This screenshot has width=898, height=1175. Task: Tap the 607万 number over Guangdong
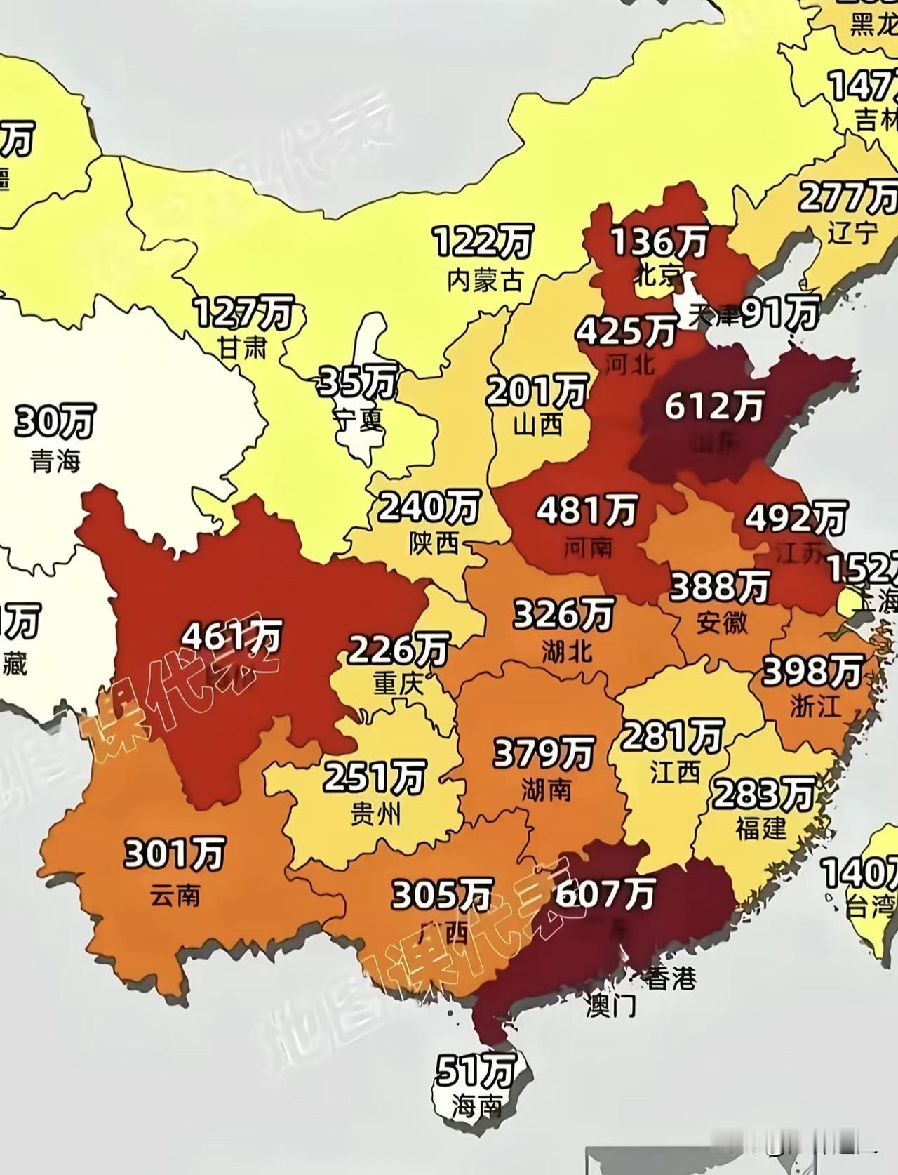click(605, 894)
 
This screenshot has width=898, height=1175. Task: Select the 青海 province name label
click(55, 461)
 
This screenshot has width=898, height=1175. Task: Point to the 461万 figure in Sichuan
click(232, 637)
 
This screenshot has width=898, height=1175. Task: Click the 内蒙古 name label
click(485, 280)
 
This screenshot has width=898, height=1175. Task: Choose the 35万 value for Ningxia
click(358, 383)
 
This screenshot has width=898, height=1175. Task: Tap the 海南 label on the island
click(476, 1107)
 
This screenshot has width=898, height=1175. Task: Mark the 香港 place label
click(671, 978)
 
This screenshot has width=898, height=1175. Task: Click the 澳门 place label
click(611, 1006)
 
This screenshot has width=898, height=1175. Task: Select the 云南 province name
click(175, 894)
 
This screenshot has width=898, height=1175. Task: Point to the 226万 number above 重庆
click(398, 650)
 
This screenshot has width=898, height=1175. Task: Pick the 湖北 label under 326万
click(566, 652)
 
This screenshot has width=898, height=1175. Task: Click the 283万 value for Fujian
click(763, 794)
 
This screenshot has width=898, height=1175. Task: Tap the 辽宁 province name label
click(852, 232)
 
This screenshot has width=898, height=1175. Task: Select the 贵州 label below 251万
click(375, 814)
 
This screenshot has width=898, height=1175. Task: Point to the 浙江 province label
click(815, 705)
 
